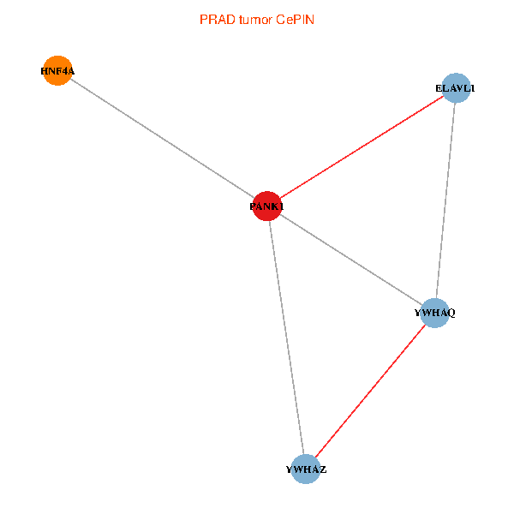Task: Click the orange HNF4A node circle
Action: [57, 71]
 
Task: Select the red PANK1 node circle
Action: [267, 206]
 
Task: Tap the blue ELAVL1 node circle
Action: [457, 88]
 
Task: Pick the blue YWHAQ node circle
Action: [435, 313]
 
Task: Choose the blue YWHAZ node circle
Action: [305, 469]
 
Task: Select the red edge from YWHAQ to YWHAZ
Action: [370, 391]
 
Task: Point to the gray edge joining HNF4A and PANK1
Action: [162, 139]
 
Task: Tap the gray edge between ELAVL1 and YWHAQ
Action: [445, 200]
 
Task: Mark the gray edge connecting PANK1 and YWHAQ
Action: [351, 260]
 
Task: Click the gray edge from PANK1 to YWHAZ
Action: [286, 338]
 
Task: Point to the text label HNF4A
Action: [57, 71]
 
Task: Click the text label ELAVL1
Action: [456, 88]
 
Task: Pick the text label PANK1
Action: [266, 206]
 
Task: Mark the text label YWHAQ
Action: [435, 313]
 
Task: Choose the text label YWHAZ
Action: [306, 469]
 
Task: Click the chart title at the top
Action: [256, 19]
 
